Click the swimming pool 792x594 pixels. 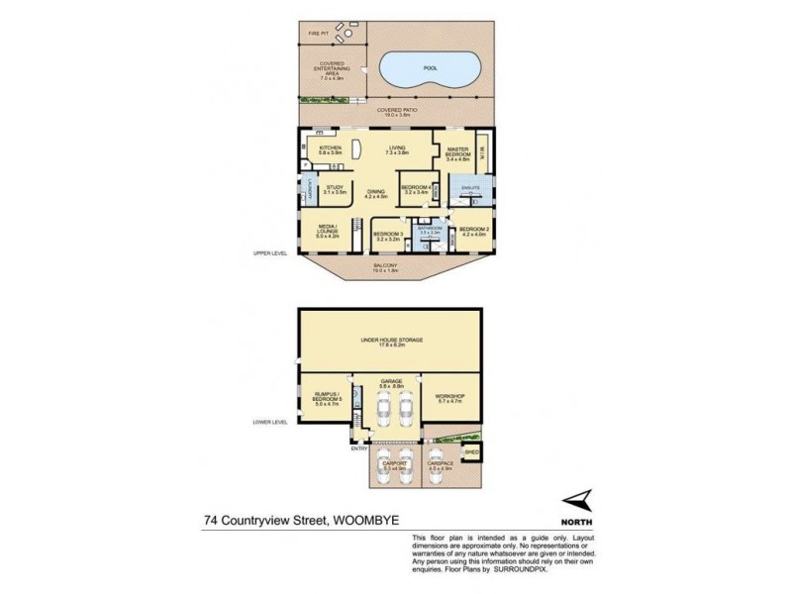click(x=430, y=70)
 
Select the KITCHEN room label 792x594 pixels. click(x=329, y=149)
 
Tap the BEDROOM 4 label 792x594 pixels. click(x=415, y=187)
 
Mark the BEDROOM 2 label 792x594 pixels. click(x=473, y=232)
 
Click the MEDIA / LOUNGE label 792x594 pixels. click(x=328, y=232)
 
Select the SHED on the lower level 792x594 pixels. click(x=472, y=452)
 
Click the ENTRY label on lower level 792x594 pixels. click(x=357, y=446)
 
